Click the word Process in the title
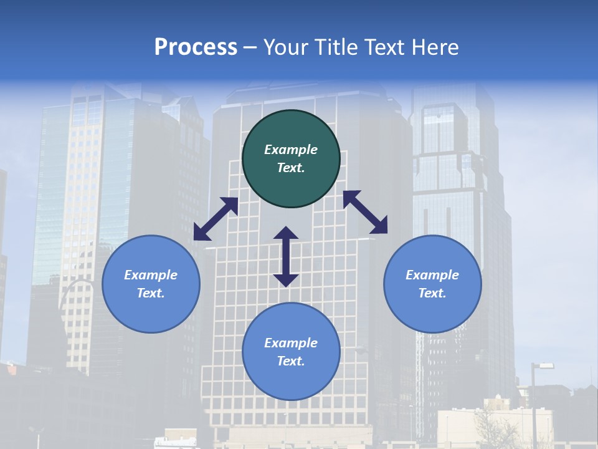click(196, 47)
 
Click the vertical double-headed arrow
click(286, 257)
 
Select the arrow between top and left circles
click(216, 219)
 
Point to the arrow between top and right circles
click(365, 212)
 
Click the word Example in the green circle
click(291, 150)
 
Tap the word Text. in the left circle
click(151, 293)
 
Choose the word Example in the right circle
click(432, 275)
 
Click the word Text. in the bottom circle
click(291, 361)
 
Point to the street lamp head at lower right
click(546, 365)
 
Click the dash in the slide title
click(250, 47)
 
